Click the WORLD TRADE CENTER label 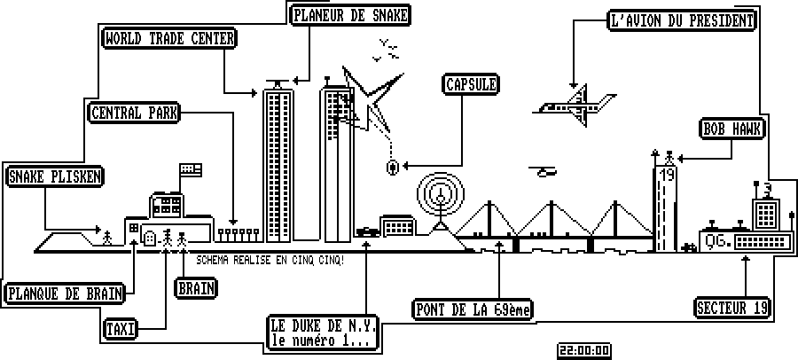click(x=169, y=38)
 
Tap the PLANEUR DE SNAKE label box click(x=352, y=15)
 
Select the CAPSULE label click(x=470, y=84)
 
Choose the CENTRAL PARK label click(x=135, y=113)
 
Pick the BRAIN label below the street click(x=196, y=287)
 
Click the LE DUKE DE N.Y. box click(x=324, y=332)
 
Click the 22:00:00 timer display click(x=583, y=350)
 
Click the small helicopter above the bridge click(x=544, y=171)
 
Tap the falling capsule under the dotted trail click(x=392, y=167)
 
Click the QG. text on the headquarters click(x=715, y=239)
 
